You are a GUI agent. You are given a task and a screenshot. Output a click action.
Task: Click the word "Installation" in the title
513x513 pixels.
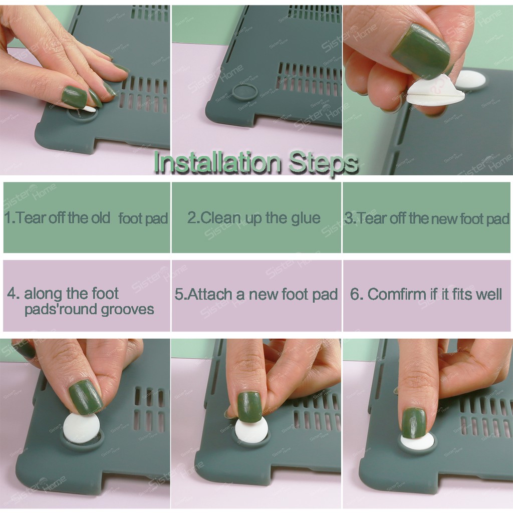[217, 162]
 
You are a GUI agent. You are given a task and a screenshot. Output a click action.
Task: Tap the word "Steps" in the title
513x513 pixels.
[323, 163]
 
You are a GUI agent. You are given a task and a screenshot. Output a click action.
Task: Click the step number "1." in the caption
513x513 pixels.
[10, 218]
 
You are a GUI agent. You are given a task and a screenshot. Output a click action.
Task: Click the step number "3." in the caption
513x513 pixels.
[350, 218]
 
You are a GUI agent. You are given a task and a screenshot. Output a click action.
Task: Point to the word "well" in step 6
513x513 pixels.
[488, 294]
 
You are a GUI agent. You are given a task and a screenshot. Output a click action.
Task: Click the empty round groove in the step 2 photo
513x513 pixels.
[244, 93]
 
